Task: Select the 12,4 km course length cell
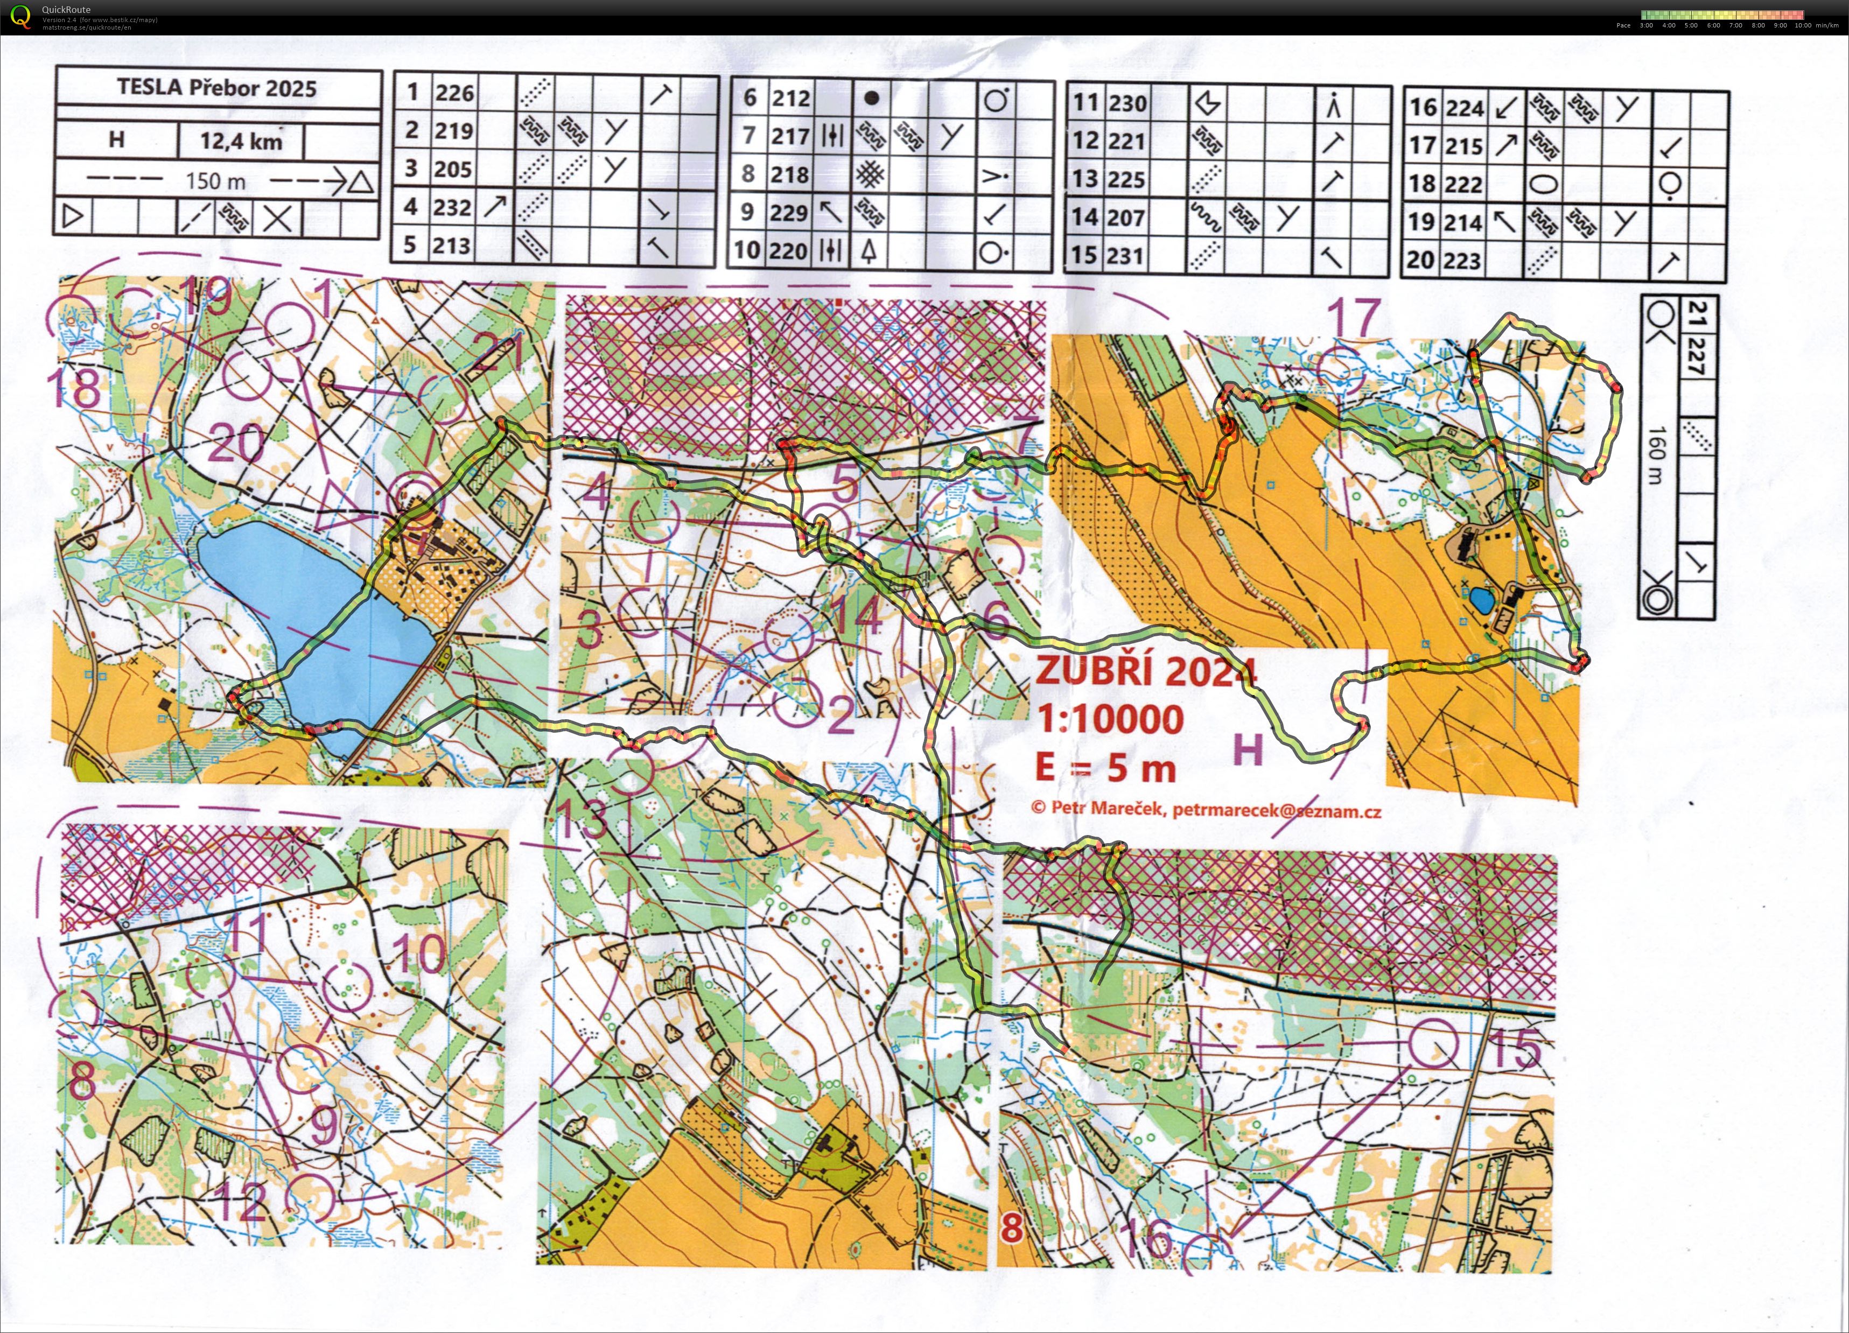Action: click(241, 141)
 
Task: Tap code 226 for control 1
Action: click(454, 93)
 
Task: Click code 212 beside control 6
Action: click(791, 99)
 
